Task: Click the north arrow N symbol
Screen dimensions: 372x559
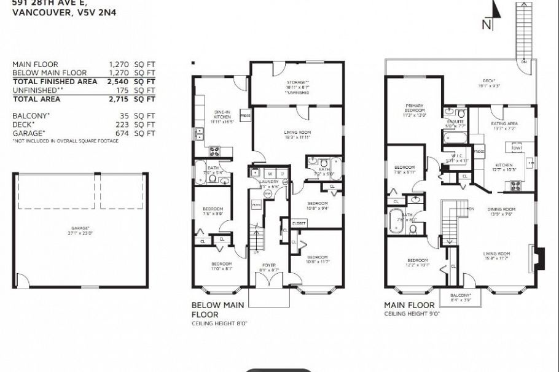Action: [x=487, y=24]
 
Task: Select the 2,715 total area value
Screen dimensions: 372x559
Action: [x=121, y=98]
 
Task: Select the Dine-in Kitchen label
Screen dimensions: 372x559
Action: [x=221, y=117]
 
